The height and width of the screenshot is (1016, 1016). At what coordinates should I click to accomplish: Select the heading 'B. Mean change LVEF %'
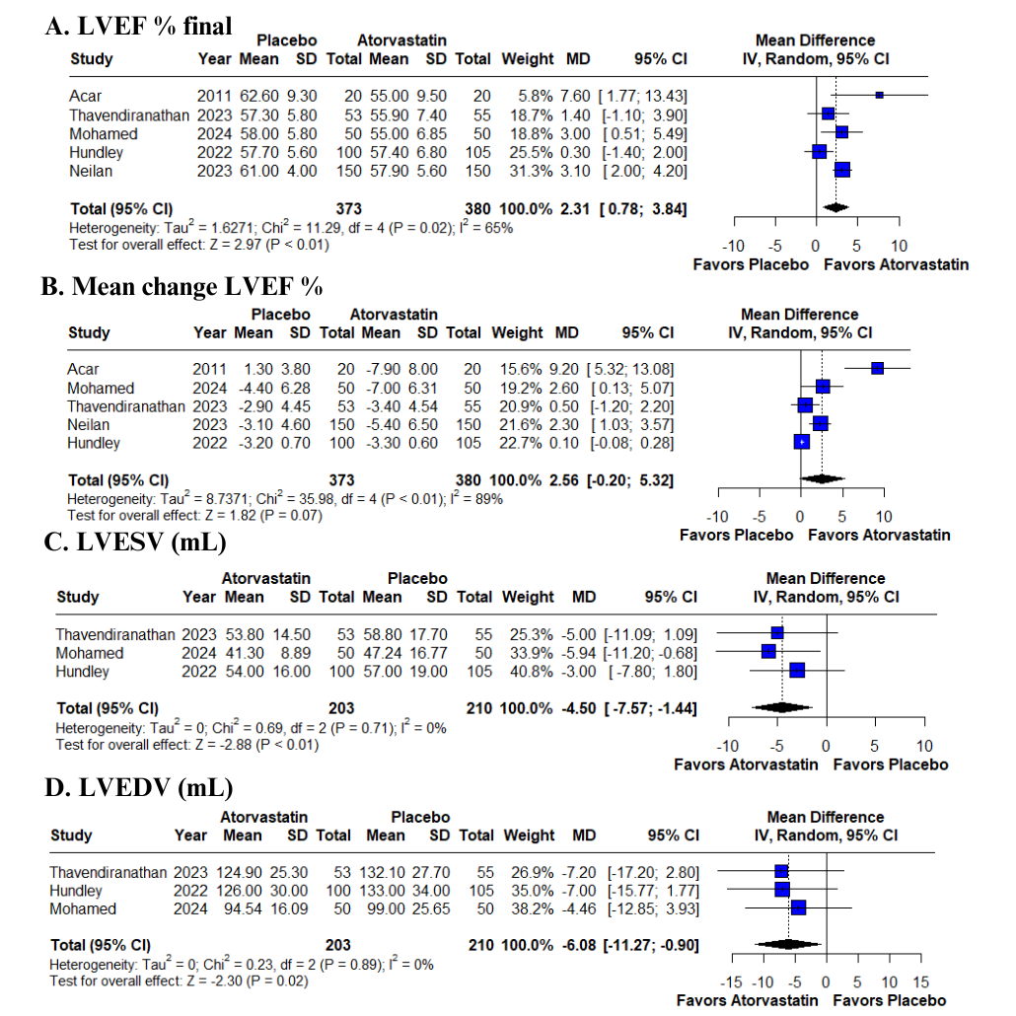pos(182,287)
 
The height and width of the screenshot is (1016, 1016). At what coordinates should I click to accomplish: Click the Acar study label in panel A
pos(86,96)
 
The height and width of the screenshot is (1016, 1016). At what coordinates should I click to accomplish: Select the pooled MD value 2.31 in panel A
pos(578,209)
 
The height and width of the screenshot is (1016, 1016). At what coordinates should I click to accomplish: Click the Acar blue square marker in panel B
pos(877,368)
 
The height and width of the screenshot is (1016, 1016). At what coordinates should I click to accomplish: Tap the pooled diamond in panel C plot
pos(781,707)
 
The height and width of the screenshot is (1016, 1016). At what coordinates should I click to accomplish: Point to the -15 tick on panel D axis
pos(731,982)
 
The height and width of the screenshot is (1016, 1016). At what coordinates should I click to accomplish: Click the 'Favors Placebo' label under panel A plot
pos(751,264)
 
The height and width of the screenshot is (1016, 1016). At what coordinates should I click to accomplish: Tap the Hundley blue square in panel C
pos(797,672)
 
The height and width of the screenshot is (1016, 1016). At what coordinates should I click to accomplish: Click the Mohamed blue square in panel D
pos(799,908)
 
